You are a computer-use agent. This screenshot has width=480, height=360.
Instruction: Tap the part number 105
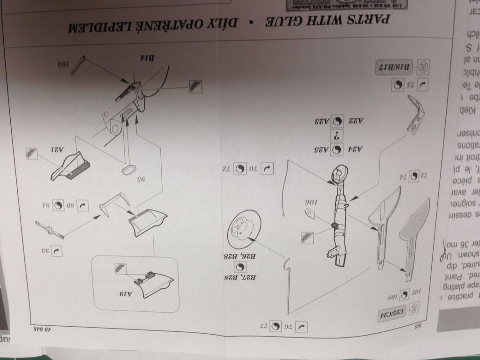63,64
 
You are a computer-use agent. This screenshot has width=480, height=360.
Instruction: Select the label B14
149,58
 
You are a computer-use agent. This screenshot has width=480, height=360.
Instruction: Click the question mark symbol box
337,136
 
